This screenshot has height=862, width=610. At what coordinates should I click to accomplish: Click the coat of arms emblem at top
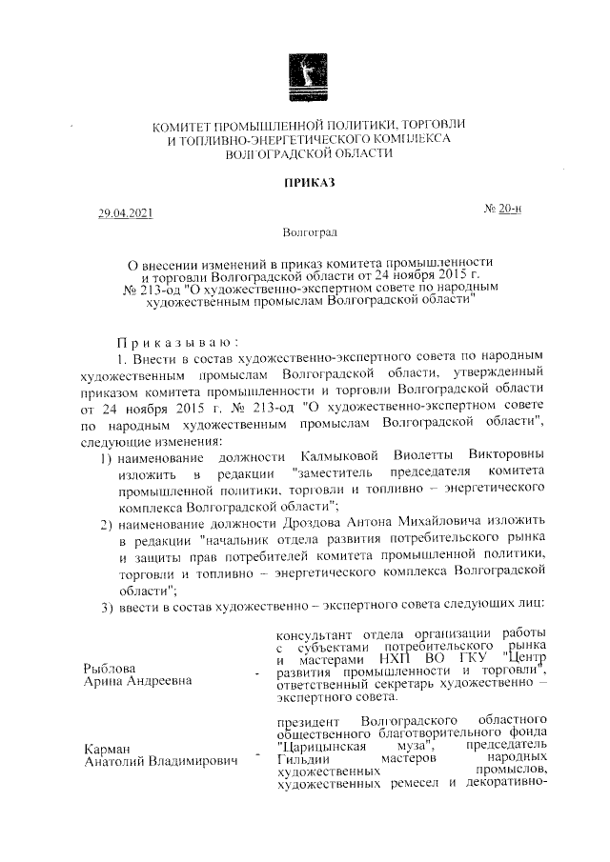click(x=305, y=76)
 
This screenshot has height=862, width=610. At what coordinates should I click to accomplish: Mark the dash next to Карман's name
click(x=255, y=757)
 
